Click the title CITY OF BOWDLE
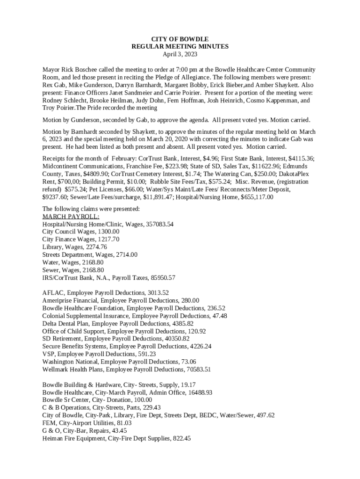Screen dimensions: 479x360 pos(180,39)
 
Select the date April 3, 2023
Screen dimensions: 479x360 pos(180,54)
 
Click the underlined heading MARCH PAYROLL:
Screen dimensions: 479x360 pos(71,217)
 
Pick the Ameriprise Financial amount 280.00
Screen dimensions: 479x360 pos(189,300)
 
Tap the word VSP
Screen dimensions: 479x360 pos(49,354)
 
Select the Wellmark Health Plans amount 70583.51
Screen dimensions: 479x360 pos(198,370)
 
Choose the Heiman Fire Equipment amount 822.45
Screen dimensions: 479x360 pos(180,438)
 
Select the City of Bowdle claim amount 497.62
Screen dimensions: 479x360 pos(265,415)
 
